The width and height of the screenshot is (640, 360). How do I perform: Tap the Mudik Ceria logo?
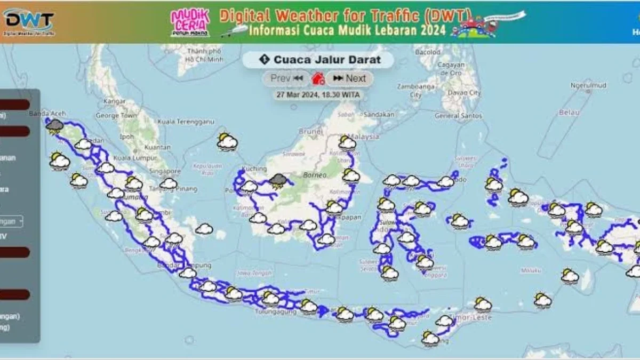190,22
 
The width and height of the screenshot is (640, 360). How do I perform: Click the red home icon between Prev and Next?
318,79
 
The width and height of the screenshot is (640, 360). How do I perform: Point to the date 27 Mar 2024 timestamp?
318,95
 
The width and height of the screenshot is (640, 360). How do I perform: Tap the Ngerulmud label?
588,85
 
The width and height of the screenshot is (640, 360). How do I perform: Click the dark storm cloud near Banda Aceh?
54,126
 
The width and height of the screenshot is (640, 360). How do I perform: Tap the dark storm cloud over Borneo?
277,181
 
